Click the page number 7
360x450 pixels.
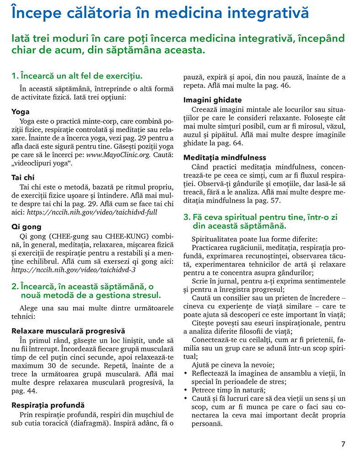click(x=343, y=443)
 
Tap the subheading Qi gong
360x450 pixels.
click(x=26, y=226)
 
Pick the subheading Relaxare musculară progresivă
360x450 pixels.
click(x=68, y=331)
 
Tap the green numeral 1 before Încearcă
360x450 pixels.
click(x=14, y=76)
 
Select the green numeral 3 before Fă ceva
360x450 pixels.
click(x=186, y=217)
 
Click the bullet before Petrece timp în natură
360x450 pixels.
click(x=185, y=390)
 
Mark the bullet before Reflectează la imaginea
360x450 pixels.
click(x=185, y=373)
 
